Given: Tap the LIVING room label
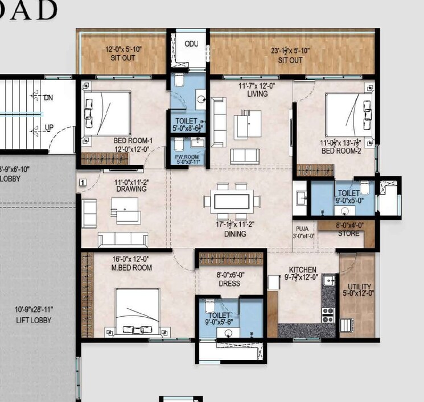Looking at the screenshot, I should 257,94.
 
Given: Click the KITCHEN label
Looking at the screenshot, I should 302,270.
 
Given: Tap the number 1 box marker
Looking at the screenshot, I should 83,183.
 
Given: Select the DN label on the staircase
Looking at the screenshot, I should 49,98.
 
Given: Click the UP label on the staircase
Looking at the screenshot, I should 49,127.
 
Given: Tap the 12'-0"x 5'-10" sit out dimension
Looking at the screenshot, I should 122,49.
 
